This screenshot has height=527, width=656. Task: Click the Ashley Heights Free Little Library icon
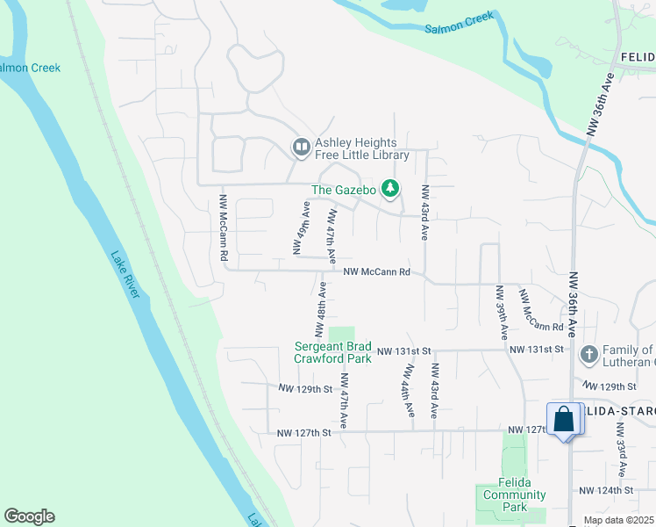(301, 148)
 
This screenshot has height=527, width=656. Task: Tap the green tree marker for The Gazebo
(391, 189)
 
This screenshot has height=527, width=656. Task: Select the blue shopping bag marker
(564, 419)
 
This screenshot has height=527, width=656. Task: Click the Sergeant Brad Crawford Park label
(332, 352)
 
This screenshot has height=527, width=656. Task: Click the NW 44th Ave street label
(407, 393)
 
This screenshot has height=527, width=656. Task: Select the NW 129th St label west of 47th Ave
(306, 387)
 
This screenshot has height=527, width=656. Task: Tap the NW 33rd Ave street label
(620, 444)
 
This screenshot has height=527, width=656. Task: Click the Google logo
(29, 516)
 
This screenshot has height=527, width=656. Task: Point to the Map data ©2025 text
(618, 520)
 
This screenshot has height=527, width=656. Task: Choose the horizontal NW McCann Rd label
(376, 272)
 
